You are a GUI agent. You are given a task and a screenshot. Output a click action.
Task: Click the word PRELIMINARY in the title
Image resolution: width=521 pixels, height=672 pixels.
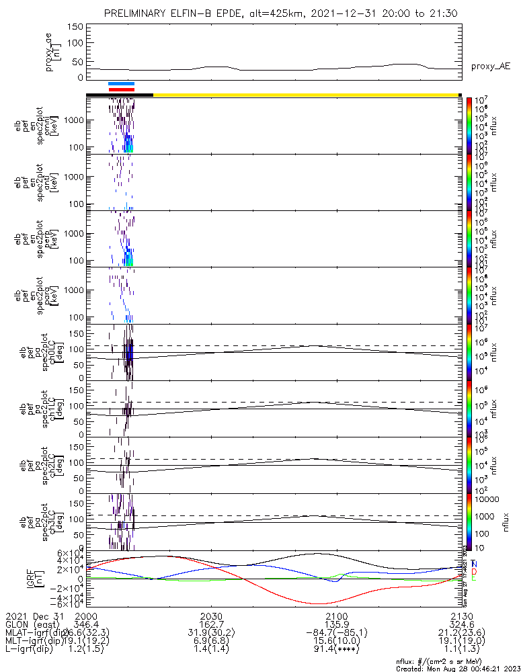(135, 14)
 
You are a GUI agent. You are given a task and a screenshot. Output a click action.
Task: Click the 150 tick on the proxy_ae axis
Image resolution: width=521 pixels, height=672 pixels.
(75, 27)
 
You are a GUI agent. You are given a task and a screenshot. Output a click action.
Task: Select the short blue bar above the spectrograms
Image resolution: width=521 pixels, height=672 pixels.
(122, 84)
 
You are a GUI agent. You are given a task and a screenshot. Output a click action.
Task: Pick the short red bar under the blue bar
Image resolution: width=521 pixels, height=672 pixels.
(122, 89)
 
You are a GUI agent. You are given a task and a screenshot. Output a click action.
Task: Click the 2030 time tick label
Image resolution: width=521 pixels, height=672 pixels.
(211, 616)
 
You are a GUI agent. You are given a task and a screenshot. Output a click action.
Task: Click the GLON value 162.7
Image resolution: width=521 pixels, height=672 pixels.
(211, 624)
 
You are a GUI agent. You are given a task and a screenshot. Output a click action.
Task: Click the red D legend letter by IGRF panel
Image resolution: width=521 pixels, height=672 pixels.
(475, 571)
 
